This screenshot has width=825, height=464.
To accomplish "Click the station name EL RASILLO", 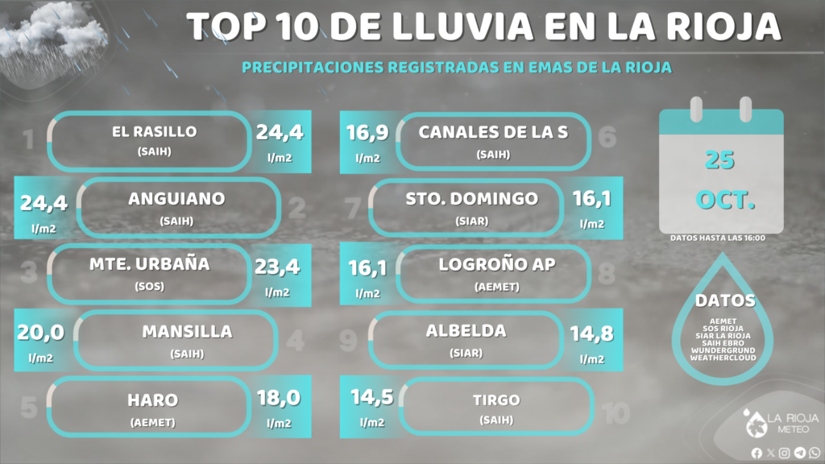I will (154, 132).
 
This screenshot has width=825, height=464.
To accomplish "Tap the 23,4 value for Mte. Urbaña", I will (278, 266).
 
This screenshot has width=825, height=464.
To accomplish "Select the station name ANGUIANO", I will (176, 199).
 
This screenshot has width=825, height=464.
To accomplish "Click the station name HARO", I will (152, 400).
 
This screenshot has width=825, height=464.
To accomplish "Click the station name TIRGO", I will (496, 400).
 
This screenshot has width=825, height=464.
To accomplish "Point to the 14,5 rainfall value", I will (371, 398).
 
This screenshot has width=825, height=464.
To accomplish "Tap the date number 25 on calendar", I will (719, 159).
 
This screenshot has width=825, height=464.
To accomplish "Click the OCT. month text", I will (725, 200).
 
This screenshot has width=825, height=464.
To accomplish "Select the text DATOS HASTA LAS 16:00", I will (717, 238).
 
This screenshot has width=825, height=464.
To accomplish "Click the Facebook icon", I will (757, 453).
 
